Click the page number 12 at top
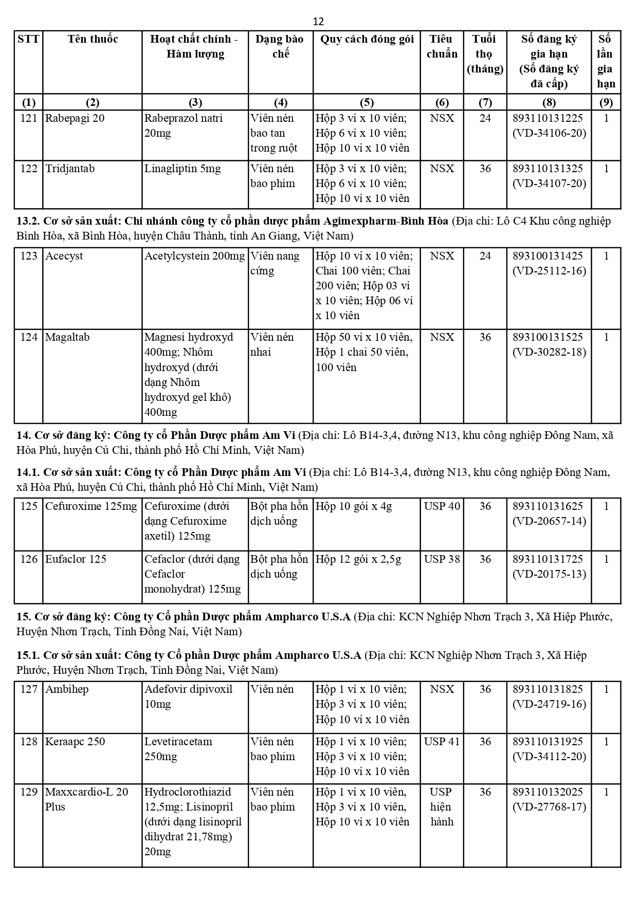(x=318, y=22)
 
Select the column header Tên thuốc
(x=93, y=39)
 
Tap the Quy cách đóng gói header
(x=367, y=39)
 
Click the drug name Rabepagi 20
(x=75, y=118)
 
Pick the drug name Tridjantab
(x=70, y=169)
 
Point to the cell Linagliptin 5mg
(x=183, y=169)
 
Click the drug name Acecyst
(x=64, y=256)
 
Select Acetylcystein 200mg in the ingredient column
(x=194, y=256)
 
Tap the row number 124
(x=29, y=337)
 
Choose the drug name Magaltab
(x=67, y=337)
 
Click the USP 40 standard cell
(x=442, y=506)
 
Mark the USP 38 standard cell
(x=442, y=559)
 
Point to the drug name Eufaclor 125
(x=76, y=559)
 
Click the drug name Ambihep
(x=67, y=689)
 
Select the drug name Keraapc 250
(x=75, y=742)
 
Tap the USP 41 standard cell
(x=442, y=742)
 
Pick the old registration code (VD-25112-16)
(x=549, y=271)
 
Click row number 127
(x=29, y=689)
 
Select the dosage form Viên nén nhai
(x=272, y=344)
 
